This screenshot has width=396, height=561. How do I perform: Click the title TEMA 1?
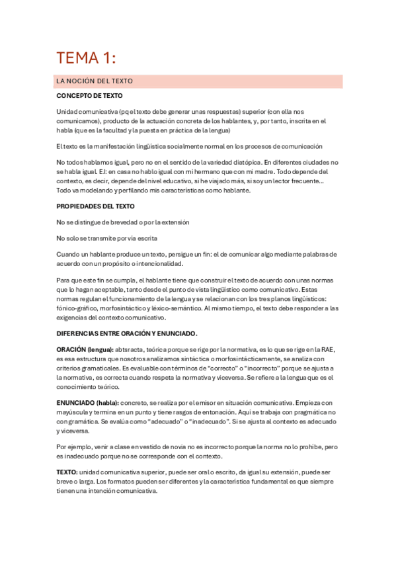tap(86, 58)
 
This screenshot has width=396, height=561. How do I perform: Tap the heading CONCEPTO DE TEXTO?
tap(89, 96)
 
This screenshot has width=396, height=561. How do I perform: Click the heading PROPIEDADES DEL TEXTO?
tap(95, 206)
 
